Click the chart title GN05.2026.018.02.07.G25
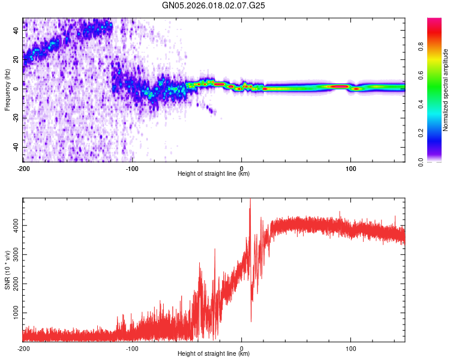(214, 6)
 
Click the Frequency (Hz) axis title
(7, 90)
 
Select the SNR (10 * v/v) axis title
(7, 271)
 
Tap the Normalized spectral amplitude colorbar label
(446, 90)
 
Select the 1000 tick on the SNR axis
(13, 313)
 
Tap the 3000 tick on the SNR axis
(13, 255)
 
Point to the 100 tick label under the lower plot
(351, 348)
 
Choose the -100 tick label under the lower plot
(132, 348)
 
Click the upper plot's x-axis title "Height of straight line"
(214, 174)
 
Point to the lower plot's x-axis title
(214, 354)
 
